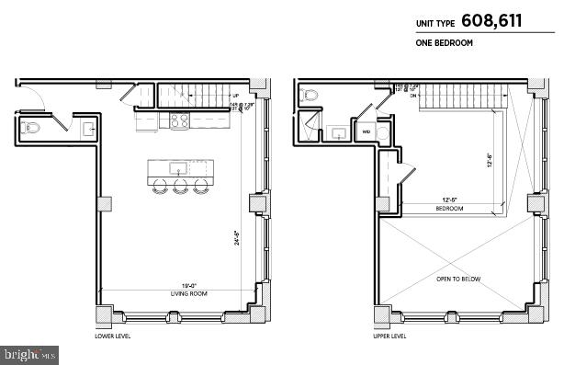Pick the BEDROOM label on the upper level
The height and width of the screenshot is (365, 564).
click(449, 209)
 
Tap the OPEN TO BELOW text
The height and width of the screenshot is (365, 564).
click(458, 279)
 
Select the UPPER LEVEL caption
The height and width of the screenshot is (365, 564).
click(389, 336)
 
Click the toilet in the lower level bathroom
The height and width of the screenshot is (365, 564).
click(30, 129)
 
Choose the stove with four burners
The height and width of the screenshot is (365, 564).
click(177, 120)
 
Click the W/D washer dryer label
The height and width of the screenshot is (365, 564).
click(366, 131)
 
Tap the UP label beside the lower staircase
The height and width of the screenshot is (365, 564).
click(236, 95)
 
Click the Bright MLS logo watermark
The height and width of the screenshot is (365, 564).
click(30, 353)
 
